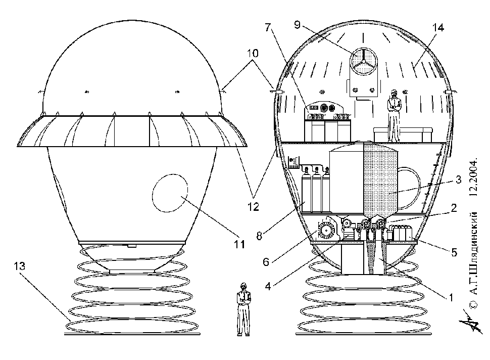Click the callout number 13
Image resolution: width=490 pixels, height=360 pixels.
click(x=19, y=266)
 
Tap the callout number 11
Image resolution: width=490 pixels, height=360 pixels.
click(x=239, y=244)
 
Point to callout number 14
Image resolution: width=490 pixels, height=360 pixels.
click(x=438, y=27)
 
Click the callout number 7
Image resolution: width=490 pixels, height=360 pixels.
click(x=267, y=27)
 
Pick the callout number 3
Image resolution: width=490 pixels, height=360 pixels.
click(x=458, y=179)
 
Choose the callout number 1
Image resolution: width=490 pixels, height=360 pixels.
click(x=451, y=297)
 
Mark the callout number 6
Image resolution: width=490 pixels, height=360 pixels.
click(x=266, y=261)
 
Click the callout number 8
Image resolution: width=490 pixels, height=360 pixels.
click(x=259, y=236)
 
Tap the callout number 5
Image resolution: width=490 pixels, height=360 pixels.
click(x=454, y=252)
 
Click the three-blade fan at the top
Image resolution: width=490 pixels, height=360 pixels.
click(x=363, y=61)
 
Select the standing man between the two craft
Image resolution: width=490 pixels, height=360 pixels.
click(x=243, y=309)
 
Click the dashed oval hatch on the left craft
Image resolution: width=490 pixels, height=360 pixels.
click(x=170, y=193)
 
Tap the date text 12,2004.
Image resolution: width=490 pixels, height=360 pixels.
click(x=474, y=177)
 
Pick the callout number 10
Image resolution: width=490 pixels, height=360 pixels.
click(x=253, y=54)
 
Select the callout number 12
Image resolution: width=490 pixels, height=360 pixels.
click(x=254, y=207)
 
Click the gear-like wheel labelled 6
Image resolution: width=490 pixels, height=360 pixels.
click(x=326, y=231)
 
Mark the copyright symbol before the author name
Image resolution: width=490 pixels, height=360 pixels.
click(x=474, y=305)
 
